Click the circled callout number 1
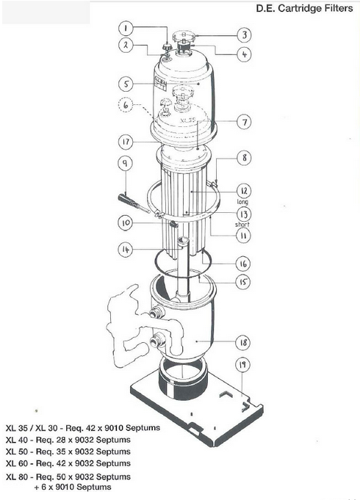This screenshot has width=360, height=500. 126,29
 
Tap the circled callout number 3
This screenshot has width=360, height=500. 244,35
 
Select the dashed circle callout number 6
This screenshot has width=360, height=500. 126,104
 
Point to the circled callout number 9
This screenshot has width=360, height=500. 126,163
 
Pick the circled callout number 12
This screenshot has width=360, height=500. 244,191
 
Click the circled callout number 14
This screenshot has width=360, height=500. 126,249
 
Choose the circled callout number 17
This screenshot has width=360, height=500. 126,142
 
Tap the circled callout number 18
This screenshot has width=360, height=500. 243,342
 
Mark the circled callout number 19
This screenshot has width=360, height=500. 243,364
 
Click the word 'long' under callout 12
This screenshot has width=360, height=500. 242,201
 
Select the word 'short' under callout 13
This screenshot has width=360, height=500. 242,225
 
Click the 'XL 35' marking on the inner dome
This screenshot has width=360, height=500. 187,120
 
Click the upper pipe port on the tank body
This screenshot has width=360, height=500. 157,313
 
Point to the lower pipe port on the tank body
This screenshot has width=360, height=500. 157,341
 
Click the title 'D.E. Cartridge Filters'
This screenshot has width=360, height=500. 304,8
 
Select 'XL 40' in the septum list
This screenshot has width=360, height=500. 17,440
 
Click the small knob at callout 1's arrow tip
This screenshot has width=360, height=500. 167,47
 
